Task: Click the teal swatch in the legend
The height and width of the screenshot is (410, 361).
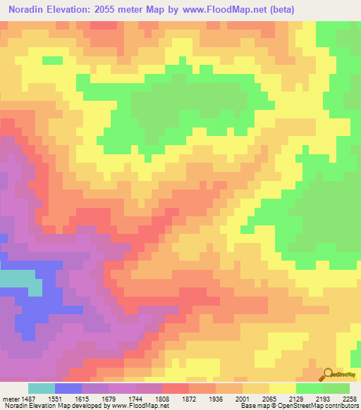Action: [41, 388]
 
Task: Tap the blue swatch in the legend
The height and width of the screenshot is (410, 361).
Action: [68, 388]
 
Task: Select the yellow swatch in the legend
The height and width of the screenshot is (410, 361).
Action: [282, 388]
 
